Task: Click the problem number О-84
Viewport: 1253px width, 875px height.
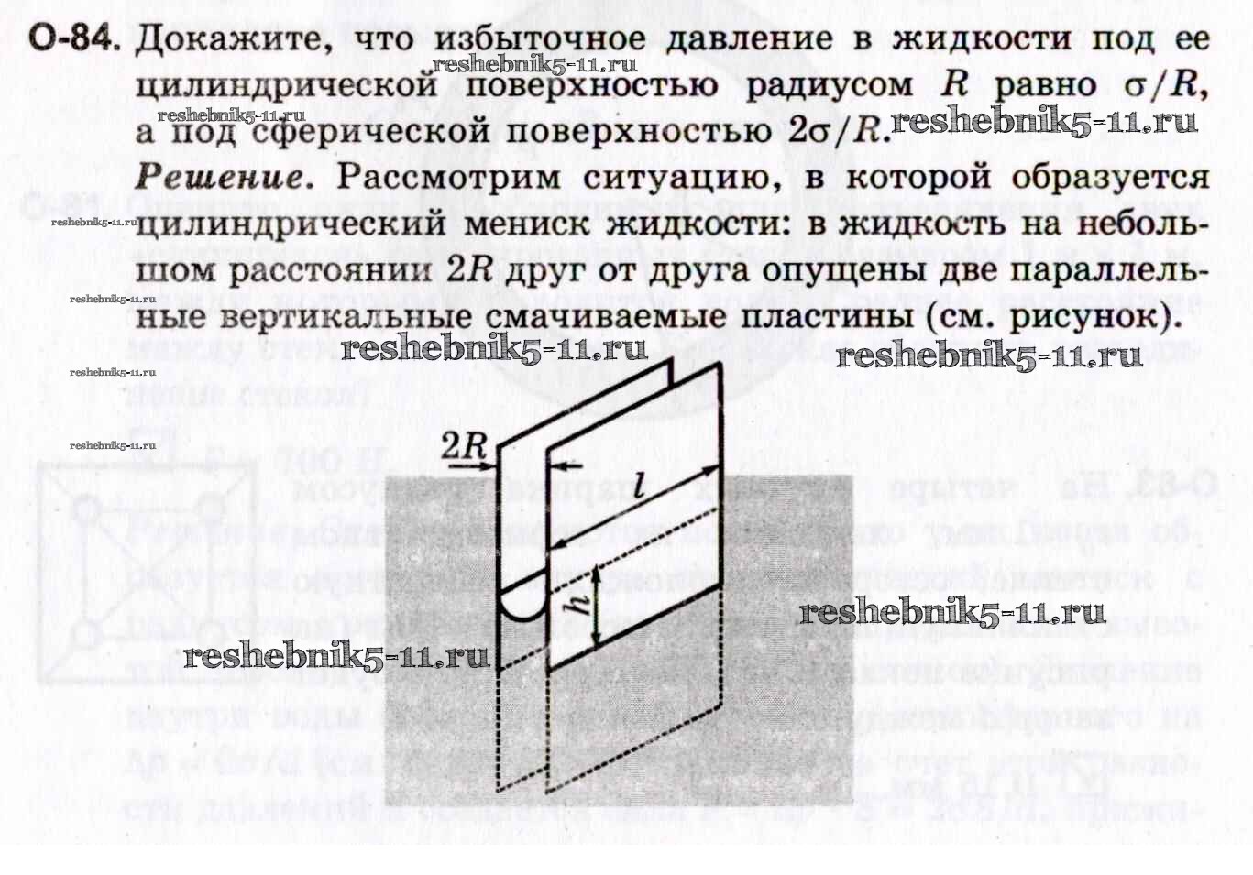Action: [x=73, y=39]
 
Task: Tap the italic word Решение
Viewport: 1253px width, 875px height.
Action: [x=221, y=176]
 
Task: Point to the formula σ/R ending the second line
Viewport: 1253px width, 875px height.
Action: [x=1160, y=84]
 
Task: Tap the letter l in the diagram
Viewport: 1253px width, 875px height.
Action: [x=638, y=486]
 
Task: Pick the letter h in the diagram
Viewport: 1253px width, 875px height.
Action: [x=577, y=603]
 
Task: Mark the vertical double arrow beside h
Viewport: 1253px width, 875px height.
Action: [x=597, y=606]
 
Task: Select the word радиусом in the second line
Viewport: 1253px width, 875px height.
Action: [x=829, y=85]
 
